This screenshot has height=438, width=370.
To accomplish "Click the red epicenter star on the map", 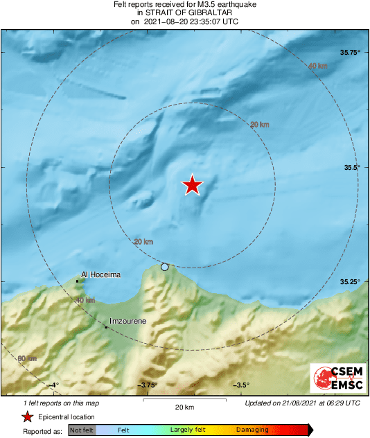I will tap(193, 185).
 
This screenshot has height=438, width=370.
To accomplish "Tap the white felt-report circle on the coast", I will tap(165, 267).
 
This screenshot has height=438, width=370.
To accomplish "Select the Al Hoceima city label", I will tap(101, 275).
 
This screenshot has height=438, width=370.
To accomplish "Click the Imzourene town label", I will tap(130, 322).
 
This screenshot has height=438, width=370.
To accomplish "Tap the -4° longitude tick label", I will tap(53, 385).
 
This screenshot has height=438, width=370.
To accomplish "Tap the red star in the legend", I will tap(27, 417).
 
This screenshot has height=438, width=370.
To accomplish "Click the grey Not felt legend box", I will tap(82, 430).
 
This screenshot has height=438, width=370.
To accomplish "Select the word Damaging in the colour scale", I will tap(252, 430).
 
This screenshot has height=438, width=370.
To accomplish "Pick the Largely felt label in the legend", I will tap(191, 430).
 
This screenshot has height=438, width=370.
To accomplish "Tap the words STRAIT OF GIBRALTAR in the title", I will tap(184, 12).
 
